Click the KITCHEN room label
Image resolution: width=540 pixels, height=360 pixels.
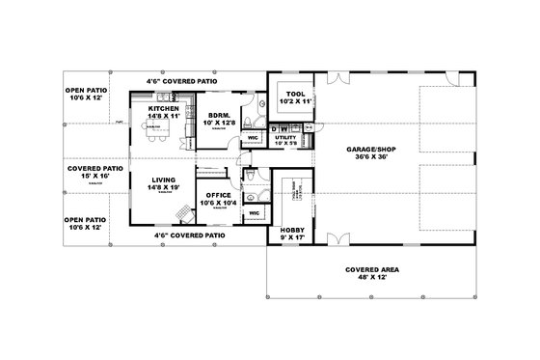pyautogui.click(x=162, y=108)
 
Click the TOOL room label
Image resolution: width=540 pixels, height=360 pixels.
pyautogui.click(x=295, y=93)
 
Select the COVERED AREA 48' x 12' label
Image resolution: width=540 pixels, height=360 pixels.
pyautogui.click(x=370, y=270)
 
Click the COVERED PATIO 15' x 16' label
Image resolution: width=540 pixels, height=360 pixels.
pyautogui.click(x=94, y=168)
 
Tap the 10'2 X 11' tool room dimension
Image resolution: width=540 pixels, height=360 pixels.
pyautogui.click(x=295, y=101)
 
